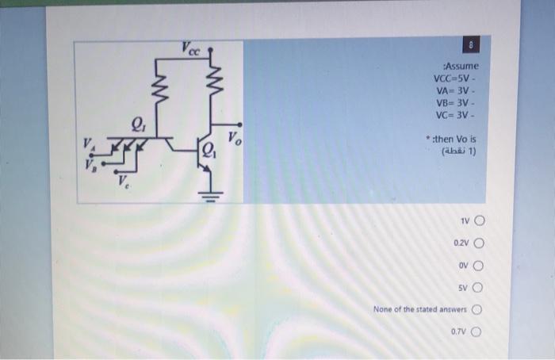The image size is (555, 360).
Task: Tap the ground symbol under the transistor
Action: (x=212, y=194)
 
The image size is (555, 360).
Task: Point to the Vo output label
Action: (x=235, y=137)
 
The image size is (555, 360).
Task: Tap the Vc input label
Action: (x=124, y=184)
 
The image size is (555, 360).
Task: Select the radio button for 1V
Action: (x=479, y=221)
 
